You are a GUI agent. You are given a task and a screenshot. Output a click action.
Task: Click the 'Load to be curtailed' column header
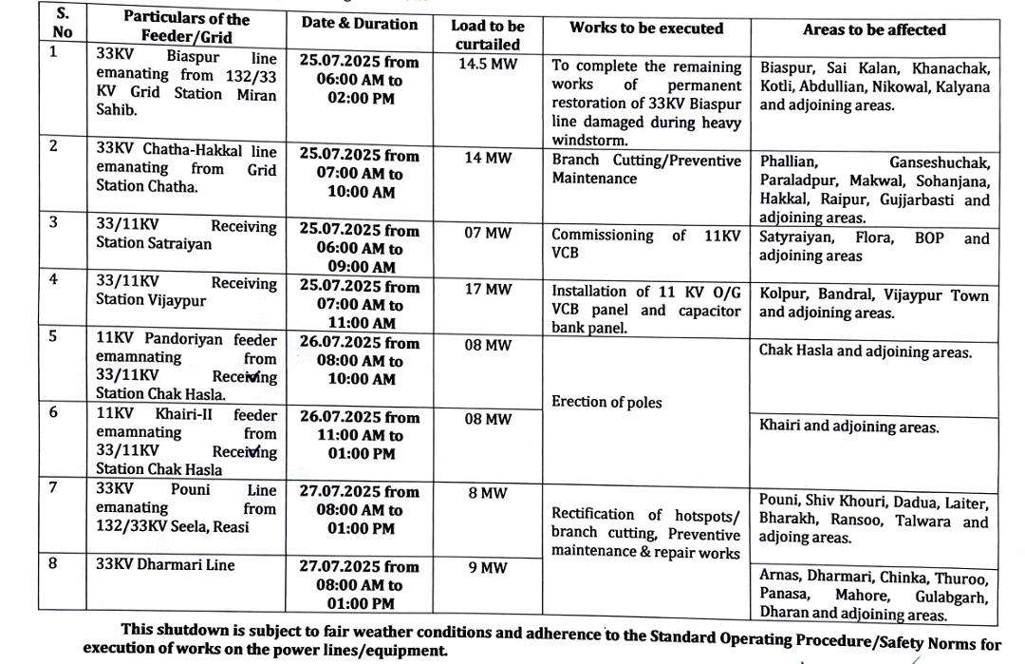click(486, 34)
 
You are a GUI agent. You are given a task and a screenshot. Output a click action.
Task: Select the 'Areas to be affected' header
click(874, 29)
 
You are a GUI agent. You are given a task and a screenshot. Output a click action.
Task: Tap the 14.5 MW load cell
click(486, 60)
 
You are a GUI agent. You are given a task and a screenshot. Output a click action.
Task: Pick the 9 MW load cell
click(486, 568)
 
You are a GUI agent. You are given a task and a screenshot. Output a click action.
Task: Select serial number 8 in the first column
click(54, 563)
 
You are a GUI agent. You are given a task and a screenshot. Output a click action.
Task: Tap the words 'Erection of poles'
click(606, 402)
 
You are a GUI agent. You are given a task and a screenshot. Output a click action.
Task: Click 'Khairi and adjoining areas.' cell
click(849, 427)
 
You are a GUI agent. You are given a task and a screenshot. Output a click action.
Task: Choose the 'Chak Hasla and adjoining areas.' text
click(866, 351)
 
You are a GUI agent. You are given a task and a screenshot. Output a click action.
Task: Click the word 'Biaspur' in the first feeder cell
click(193, 55)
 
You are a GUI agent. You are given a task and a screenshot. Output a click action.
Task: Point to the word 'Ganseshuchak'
click(939, 162)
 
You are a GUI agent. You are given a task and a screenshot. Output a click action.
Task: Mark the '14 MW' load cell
click(486, 158)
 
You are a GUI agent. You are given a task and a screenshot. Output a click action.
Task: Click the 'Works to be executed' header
click(646, 28)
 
